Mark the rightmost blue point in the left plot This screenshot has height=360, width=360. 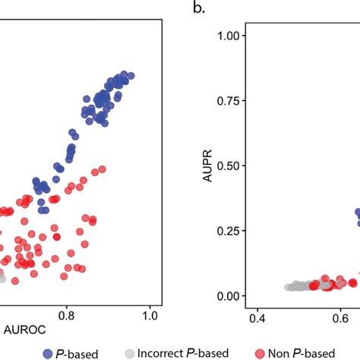[131, 76]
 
